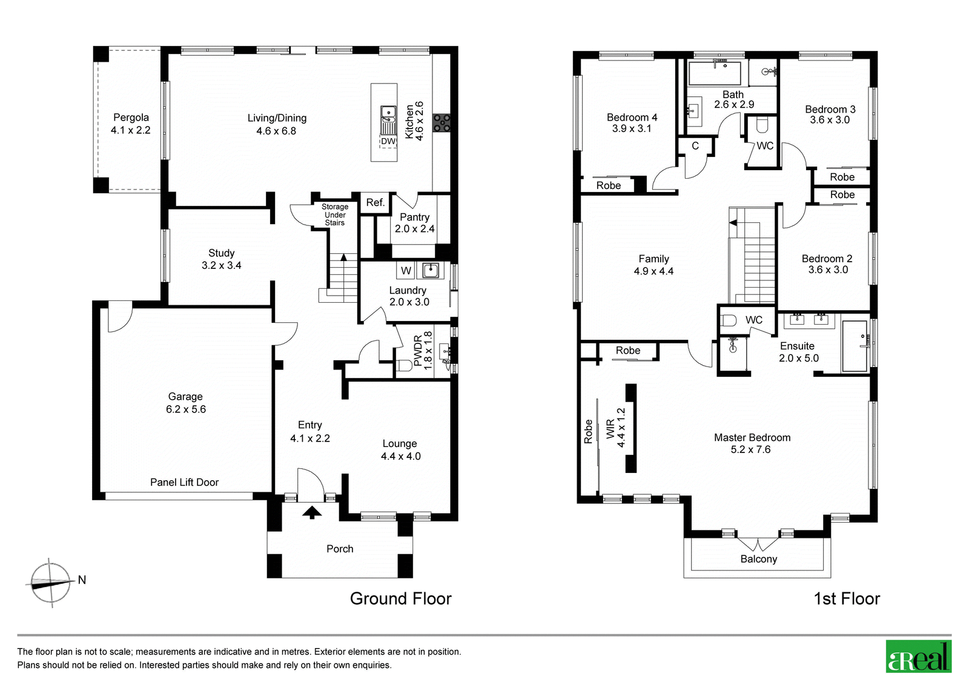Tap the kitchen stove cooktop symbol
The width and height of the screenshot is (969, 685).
(442, 122)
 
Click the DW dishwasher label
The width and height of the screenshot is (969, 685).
(388, 142)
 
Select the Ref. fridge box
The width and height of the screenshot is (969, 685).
(375, 202)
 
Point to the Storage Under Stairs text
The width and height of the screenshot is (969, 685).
(335, 214)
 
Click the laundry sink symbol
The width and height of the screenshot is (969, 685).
(431, 271)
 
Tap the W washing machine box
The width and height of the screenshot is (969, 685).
(405, 271)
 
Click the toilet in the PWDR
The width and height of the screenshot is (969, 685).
(404, 366)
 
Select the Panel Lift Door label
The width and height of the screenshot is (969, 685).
(184, 482)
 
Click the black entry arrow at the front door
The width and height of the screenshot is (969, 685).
(312, 513)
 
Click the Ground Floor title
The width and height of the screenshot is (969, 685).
(400, 598)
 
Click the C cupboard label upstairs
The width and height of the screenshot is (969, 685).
(695, 146)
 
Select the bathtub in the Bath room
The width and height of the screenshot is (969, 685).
(715, 73)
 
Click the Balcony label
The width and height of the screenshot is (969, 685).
(759, 559)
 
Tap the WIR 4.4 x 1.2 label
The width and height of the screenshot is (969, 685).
(615, 428)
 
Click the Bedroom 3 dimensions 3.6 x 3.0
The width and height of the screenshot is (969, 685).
(830, 120)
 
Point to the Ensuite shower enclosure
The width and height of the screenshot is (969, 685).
(855, 346)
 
